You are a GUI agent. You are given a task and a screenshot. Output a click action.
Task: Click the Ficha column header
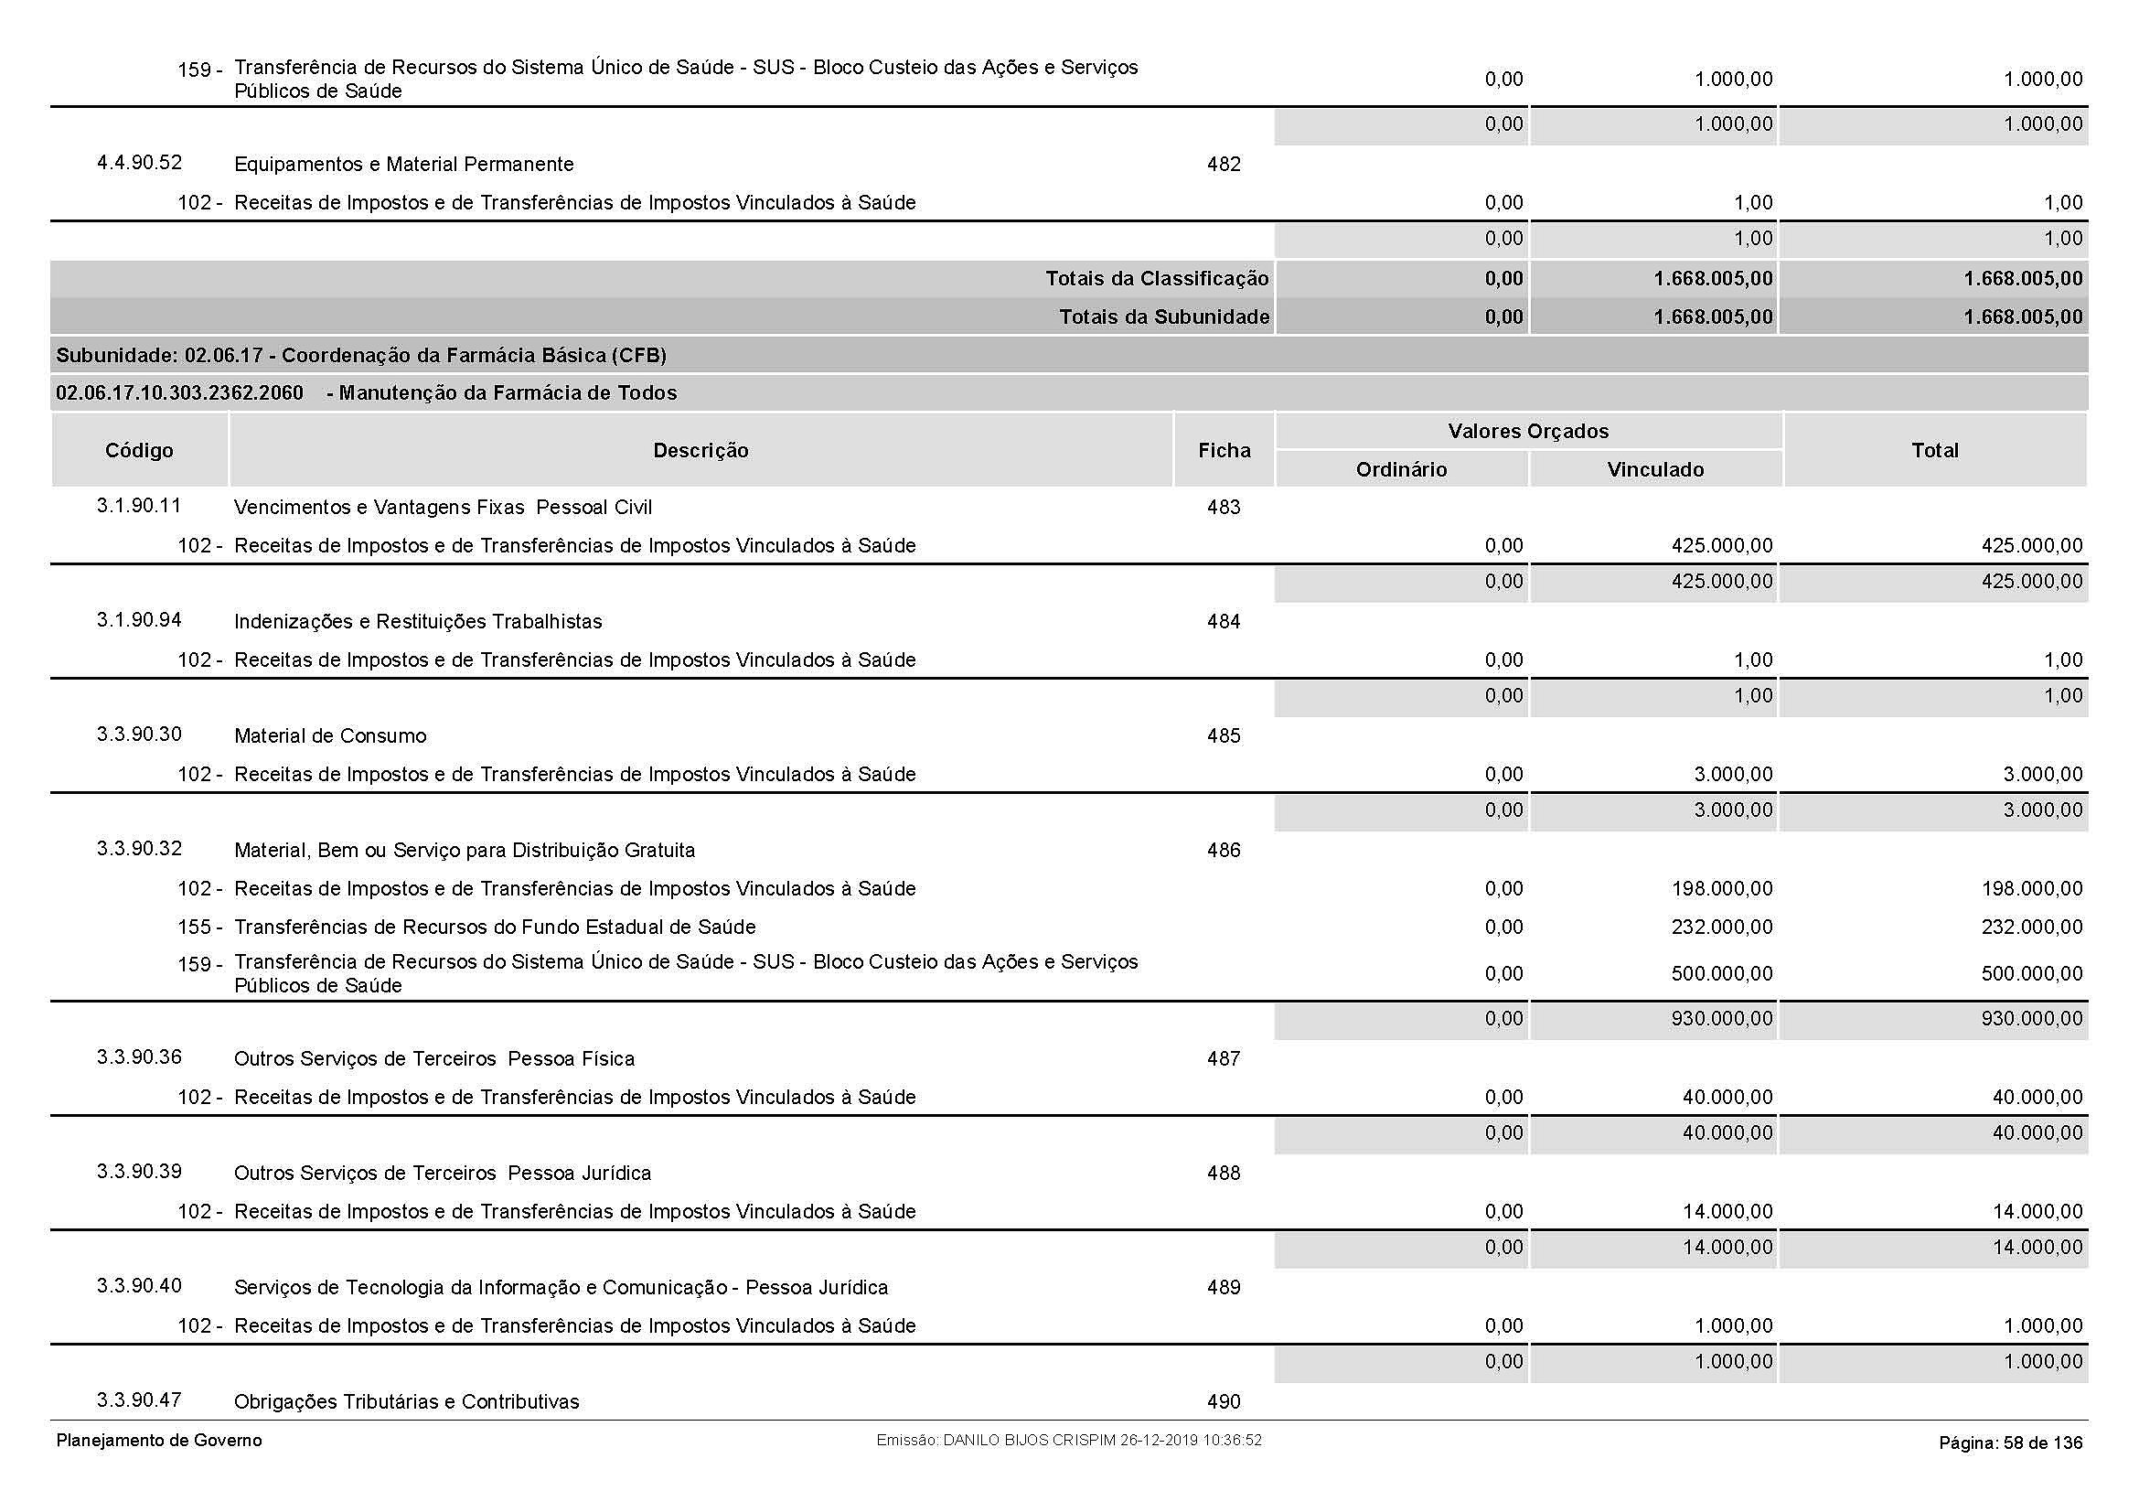pyautogui.click(x=1224, y=451)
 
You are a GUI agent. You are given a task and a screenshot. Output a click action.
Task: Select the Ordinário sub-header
pyautogui.click(x=1401, y=469)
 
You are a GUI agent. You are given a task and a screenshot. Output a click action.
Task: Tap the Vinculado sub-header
pyautogui.click(x=1655, y=469)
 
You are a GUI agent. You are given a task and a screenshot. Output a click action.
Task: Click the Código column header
pyautogui.click(x=139, y=451)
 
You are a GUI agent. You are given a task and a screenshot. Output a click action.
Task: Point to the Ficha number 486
pyautogui.click(x=1224, y=851)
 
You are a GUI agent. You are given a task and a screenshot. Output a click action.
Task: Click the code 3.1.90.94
pyautogui.click(x=139, y=620)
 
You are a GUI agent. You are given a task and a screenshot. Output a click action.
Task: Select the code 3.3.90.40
pyautogui.click(x=139, y=1286)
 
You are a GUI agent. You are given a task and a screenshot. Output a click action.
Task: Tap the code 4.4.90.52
pyautogui.click(x=139, y=163)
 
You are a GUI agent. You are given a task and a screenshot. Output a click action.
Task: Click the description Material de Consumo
pyautogui.click(x=330, y=736)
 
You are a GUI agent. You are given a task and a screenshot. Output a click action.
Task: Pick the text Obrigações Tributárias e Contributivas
pyautogui.click(x=406, y=1402)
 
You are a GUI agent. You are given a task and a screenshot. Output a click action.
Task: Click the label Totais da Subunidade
pyautogui.click(x=1163, y=317)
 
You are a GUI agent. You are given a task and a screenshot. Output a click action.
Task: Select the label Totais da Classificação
pyautogui.click(x=1156, y=279)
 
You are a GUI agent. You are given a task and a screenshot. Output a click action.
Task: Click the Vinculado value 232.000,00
pyautogui.click(x=1722, y=927)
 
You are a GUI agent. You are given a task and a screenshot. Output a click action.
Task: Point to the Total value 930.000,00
pyautogui.click(x=2031, y=1019)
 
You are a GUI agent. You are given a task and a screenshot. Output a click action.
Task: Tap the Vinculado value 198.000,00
pyautogui.click(x=1722, y=889)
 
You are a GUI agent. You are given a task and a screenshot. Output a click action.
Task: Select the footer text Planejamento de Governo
pyautogui.click(x=159, y=1441)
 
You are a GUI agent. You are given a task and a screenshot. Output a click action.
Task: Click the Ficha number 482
pyautogui.click(x=1224, y=165)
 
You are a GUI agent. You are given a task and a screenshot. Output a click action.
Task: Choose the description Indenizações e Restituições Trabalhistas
pyautogui.click(x=417, y=621)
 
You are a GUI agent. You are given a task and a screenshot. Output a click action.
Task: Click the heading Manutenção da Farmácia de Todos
pyautogui.click(x=508, y=393)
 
